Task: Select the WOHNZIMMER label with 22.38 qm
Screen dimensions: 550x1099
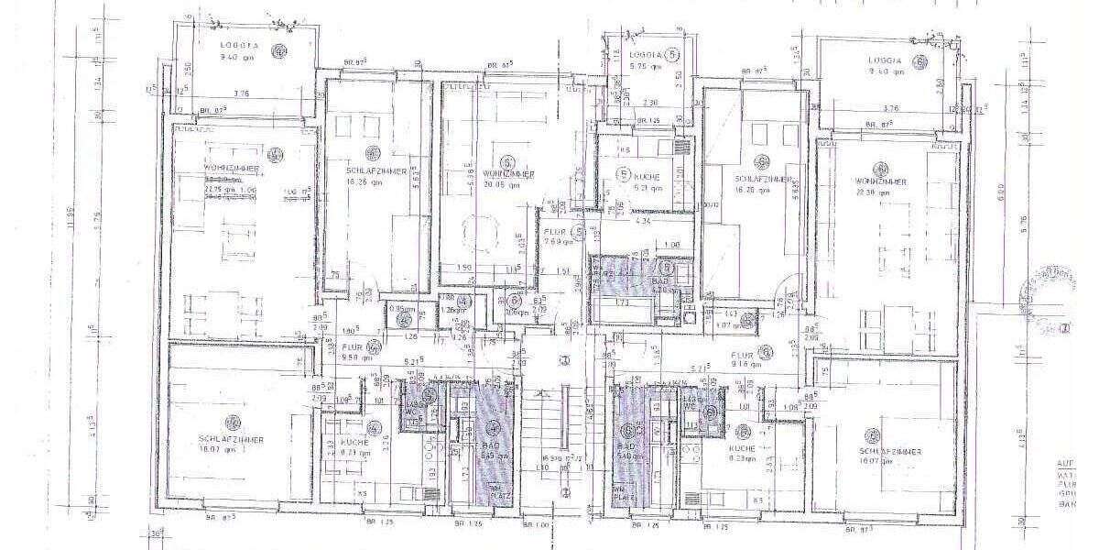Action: pos(880,181)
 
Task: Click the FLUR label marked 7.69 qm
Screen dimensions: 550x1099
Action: pos(558,236)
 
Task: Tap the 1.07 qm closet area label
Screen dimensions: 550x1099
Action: pos(727,324)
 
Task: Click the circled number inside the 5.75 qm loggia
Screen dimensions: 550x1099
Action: pos(675,55)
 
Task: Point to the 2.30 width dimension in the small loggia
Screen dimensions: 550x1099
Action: pos(650,102)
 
